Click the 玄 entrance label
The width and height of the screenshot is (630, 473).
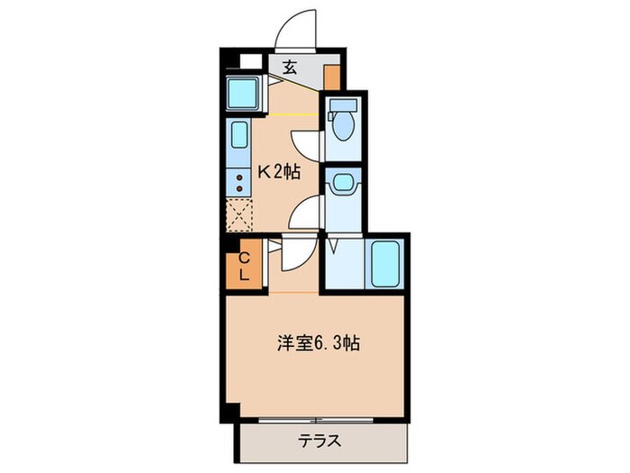pos(290,67)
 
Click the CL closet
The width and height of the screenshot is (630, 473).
pos(242,267)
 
